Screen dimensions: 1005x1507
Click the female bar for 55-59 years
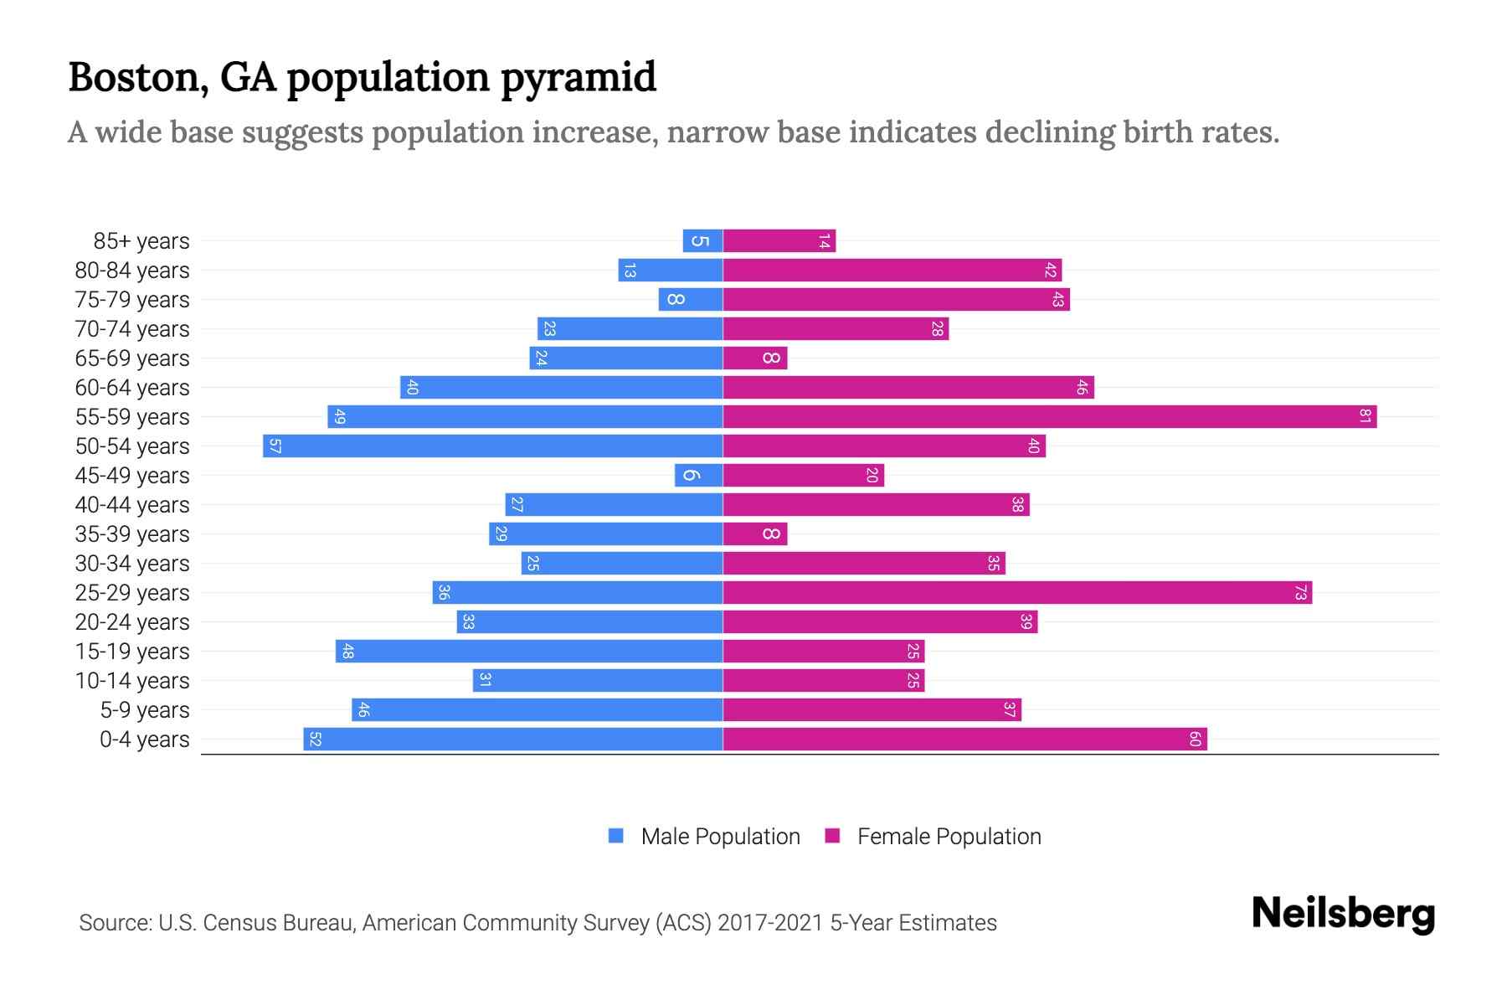[x=1049, y=416]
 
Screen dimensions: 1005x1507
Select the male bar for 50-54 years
[x=492, y=446]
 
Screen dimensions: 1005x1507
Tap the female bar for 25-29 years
[x=1017, y=592]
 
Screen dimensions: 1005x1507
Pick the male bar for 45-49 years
[x=698, y=475]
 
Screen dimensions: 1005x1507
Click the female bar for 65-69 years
[x=754, y=358]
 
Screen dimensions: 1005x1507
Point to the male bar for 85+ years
[x=702, y=240]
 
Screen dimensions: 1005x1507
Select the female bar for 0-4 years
[x=964, y=739]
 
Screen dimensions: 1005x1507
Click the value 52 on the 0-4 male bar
[x=315, y=739]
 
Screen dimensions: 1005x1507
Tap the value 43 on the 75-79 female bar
[x=1057, y=299]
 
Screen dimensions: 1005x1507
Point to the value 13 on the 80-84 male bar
[x=630, y=270]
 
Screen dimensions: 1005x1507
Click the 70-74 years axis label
[x=132, y=329]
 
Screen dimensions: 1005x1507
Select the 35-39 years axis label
[x=132, y=534]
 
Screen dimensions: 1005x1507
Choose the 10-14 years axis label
[x=132, y=681]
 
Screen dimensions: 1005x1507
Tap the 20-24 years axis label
[x=132, y=622]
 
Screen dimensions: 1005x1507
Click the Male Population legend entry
[x=720, y=836]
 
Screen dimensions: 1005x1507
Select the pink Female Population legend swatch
[x=832, y=836]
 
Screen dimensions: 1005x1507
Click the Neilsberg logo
[x=1343, y=913]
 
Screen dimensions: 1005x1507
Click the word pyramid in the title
[x=579, y=77]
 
